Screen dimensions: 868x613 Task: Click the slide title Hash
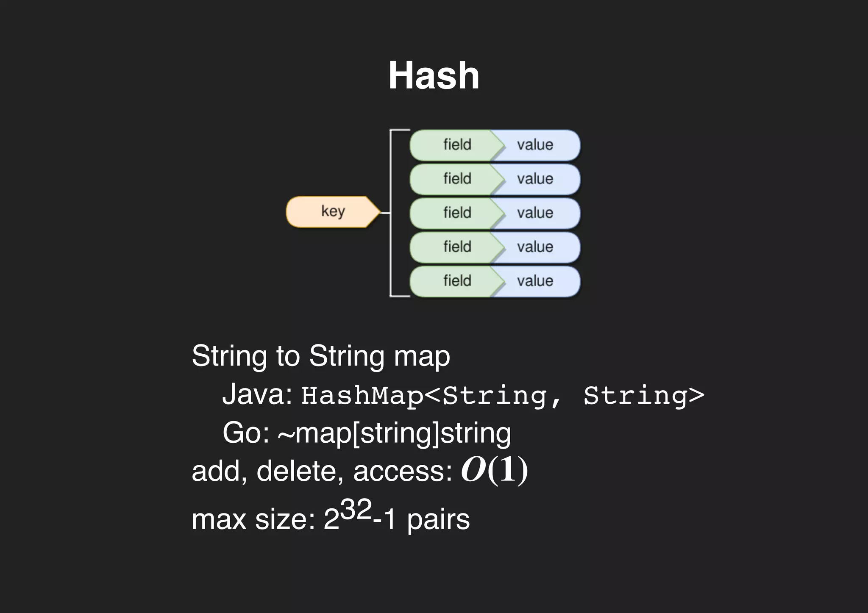coord(434,75)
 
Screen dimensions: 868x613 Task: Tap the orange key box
coord(333,211)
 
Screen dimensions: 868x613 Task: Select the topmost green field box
coord(453,145)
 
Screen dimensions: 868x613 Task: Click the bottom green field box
coord(453,281)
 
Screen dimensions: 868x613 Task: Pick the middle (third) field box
coord(453,213)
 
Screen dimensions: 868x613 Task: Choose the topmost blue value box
coord(536,145)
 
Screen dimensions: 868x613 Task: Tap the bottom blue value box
coord(536,281)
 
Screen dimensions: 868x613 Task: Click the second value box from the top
coord(536,179)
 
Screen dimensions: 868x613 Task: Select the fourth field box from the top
coord(453,247)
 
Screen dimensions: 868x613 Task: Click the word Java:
coord(257,394)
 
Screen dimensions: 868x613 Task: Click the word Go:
coord(246,433)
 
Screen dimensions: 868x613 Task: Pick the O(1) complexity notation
coord(494,470)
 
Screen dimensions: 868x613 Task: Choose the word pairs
coord(438,520)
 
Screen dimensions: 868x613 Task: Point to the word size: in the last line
coord(285,519)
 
